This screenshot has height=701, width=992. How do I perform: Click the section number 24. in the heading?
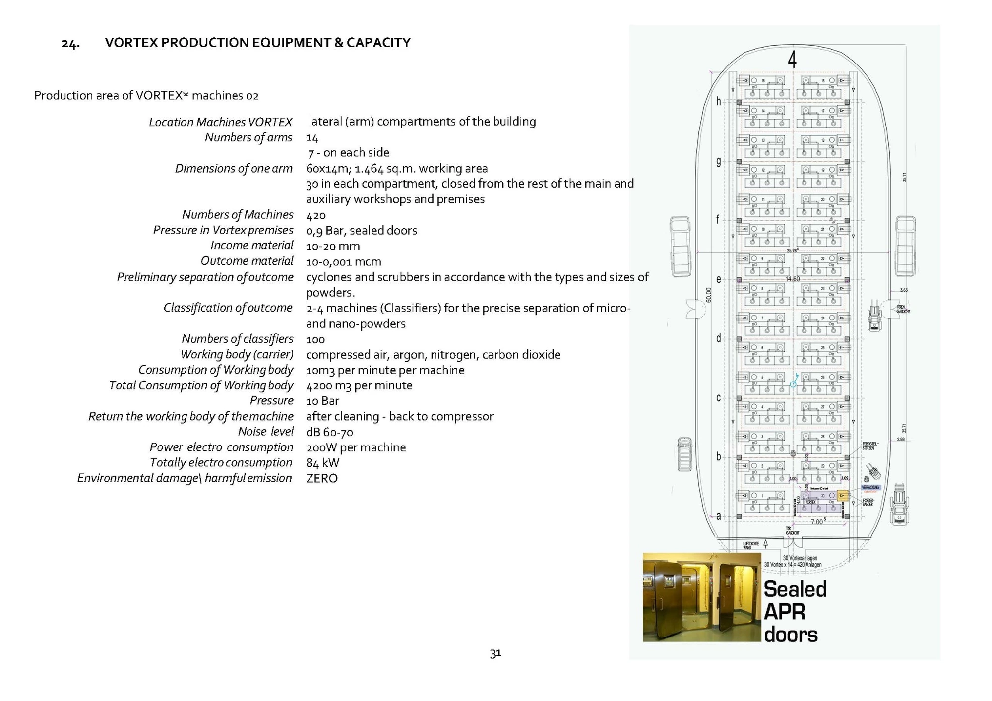(70, 44)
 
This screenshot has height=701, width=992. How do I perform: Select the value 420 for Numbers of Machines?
(316, 215)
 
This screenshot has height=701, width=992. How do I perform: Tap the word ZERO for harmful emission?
(322, 478)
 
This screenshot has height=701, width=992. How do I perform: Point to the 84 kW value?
(323, 463)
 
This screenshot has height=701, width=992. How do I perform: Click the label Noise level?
(265, 432)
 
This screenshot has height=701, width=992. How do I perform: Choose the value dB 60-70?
(329, 432)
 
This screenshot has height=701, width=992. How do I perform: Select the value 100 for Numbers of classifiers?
(315, 339)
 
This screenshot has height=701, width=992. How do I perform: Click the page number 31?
(496, 653)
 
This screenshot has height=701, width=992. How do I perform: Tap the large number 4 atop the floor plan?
(792, 60)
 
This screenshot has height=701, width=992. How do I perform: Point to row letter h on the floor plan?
(718, 102)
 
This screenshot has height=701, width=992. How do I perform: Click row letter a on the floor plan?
(718, 516)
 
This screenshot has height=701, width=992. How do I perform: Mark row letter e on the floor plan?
(718, 279)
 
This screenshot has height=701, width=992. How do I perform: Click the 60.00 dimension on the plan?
(709, 295)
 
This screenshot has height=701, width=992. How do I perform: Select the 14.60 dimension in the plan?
(793, 279)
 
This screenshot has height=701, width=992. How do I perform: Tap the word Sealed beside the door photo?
(795, 589)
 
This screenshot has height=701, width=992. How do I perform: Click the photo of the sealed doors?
(701, 597)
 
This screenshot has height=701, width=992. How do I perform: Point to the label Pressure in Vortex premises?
(223, 230)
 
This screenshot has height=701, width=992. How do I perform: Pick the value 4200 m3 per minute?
(359, 385)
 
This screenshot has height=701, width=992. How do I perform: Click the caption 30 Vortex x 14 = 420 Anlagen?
(793, 565)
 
